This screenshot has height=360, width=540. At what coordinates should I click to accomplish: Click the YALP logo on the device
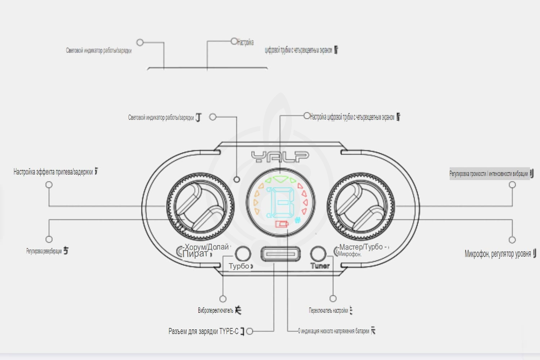(x=280, y=157)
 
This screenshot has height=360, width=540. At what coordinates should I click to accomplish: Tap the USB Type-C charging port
(x=280, y=254)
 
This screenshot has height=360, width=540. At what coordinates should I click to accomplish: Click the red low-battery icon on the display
(x=282, y=224)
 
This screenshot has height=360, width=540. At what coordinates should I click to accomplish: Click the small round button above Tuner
(x=318, y=253)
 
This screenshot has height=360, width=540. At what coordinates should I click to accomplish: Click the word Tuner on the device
(x=320, y=266)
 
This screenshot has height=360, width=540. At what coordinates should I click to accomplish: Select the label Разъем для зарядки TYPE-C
(x=203, y=331)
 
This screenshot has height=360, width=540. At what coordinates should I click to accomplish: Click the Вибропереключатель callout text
(x=216, y=310)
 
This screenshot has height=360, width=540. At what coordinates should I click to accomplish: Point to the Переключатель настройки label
(x=328, y=310)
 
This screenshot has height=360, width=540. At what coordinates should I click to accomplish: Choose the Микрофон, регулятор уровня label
(x=498, y=254)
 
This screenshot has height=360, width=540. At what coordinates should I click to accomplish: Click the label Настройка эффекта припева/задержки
(x=53, y=172)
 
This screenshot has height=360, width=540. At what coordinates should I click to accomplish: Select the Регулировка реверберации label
(x=44, y=251)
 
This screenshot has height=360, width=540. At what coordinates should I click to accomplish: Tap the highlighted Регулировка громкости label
(x=489, y=174)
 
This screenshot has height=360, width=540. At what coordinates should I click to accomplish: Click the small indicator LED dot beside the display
(x=237, y=179)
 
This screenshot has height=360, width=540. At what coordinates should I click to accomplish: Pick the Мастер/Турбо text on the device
(x=361, y=247)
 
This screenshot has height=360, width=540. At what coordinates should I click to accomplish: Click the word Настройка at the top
(x=246, y=42)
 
